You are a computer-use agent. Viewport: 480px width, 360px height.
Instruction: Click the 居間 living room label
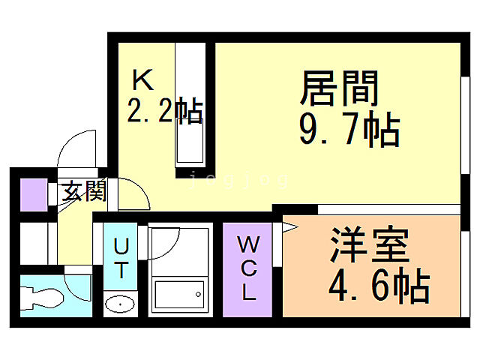[x=338, y=89]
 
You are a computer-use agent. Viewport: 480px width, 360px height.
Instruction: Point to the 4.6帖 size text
[x=379, y=285]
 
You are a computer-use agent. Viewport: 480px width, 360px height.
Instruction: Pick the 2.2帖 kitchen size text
[x=164, y=112]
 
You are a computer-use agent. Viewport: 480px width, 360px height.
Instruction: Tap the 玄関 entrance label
[x=82, y=192]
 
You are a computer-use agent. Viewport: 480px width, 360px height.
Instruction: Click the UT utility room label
[x=121, y=256]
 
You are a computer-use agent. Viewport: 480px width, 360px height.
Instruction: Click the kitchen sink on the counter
[x=189, y=139]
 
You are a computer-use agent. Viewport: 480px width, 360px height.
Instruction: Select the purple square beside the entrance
[x=32, y=195]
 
